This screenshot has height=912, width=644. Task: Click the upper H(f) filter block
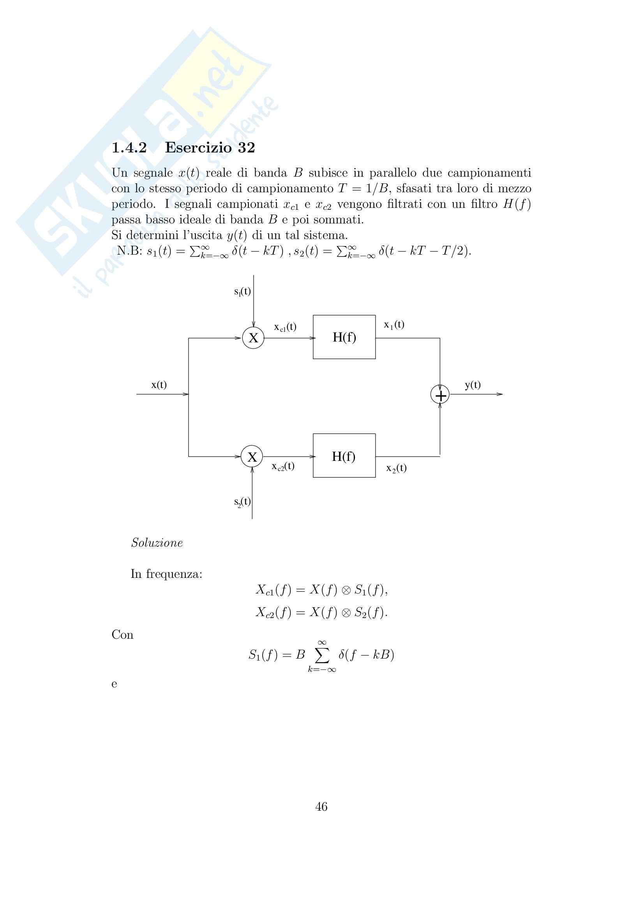pos(344,337)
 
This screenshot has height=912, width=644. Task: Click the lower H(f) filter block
pos(344,455)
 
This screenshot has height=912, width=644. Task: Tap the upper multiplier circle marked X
pos(253,338)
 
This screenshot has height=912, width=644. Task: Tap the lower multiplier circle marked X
pos(252,457)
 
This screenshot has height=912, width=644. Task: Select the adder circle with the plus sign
pos(440,395)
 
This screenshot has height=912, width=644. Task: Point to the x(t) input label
pos(159,384)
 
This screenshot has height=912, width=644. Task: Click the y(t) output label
pos(473,384)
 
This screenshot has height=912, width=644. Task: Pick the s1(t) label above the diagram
pos(242,292)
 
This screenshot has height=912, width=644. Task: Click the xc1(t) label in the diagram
pos(285,327)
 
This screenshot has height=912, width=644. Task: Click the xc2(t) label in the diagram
pos(283,466)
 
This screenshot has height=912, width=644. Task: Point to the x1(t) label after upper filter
pos(394,324)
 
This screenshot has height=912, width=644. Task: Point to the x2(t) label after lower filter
pos(396,468)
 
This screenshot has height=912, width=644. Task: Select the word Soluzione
pos(157,543)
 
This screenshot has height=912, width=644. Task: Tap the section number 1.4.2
pos(129,148)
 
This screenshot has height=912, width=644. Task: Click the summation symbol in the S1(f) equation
pos(322,655)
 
